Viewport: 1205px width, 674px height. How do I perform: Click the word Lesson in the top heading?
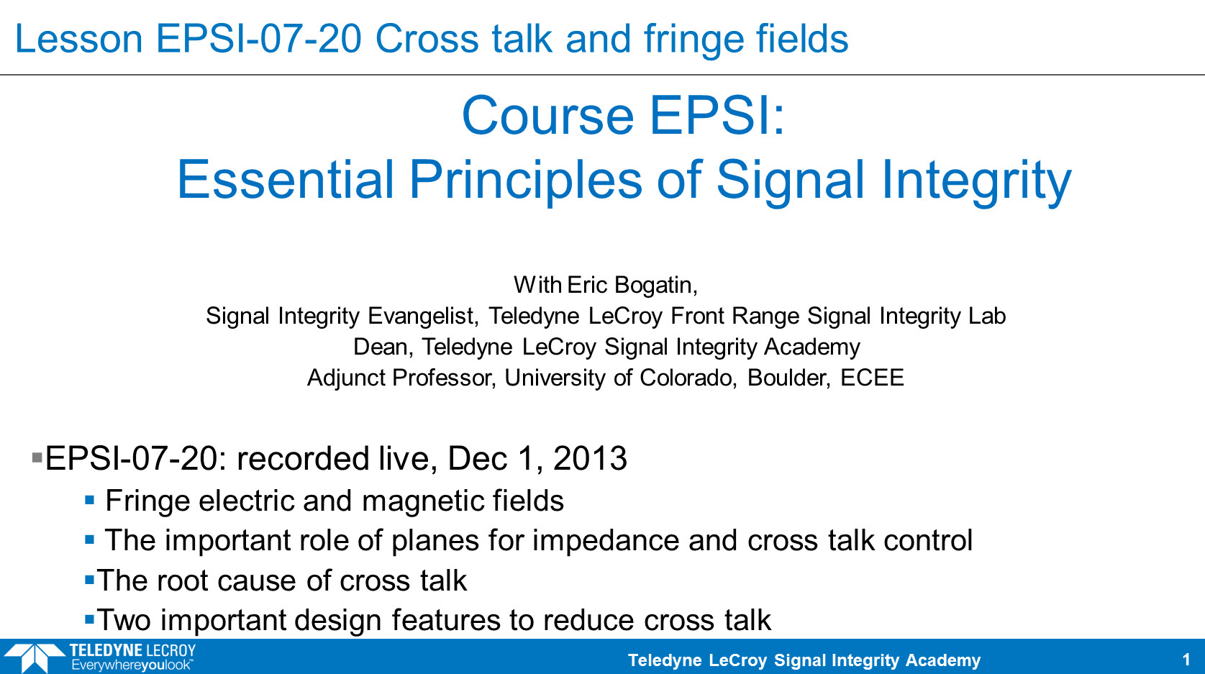click(78, 39)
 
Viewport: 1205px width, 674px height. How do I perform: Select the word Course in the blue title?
click(547, 116)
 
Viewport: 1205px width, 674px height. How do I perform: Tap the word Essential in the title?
click(286, 179)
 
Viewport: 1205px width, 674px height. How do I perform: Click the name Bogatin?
click(656, 285)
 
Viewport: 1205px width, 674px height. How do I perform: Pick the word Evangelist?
click(423, 316)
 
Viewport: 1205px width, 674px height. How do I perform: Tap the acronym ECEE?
click(871, 378)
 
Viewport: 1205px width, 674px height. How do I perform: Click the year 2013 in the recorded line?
click(590, 458)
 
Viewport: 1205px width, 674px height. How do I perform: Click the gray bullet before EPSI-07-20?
click(37, 458)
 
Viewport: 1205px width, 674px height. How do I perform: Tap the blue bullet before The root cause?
click(90, 580)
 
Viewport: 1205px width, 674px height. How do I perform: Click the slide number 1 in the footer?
click(1186, 660)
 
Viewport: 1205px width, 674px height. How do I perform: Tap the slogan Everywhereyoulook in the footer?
click(131, 665)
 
